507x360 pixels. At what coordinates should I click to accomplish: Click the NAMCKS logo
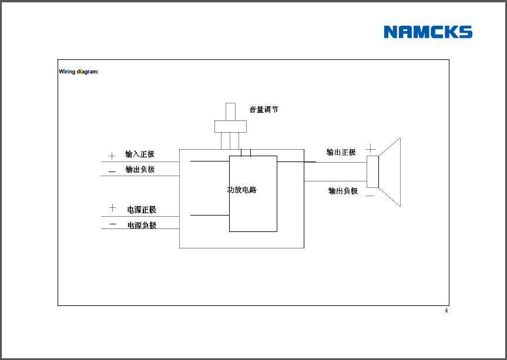(x=428, y=32)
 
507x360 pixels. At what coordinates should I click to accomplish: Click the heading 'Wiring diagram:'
(x=79, y=72)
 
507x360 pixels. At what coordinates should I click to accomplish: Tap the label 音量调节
(x=264, y=109)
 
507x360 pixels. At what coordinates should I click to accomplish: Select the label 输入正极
(x=140, y=154)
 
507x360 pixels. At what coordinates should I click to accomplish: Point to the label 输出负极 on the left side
(x=140, y=170)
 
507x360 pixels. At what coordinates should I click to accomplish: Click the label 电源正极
(x=142, y=210)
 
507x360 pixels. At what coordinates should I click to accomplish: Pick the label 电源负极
(x=142, y=225)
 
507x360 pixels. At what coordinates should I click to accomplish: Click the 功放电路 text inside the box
(x=242, y=190)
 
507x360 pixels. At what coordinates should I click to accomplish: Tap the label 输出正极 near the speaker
(x=341, y=152)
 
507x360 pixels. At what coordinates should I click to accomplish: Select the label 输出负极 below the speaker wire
(x=343, y=191)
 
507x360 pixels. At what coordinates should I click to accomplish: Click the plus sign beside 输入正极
(x=112, y=156)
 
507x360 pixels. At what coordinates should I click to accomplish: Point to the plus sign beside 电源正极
(x=112, y=208)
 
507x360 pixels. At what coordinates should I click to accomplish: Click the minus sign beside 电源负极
(x=113, y=224)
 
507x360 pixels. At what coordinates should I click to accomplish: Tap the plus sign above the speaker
(x=371, y=148)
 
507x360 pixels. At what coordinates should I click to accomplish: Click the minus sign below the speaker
(x=370, y=195)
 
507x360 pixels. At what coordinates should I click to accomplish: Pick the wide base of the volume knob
(x=230, y=126)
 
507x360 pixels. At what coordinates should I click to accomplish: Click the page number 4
(x=446, y=311)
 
